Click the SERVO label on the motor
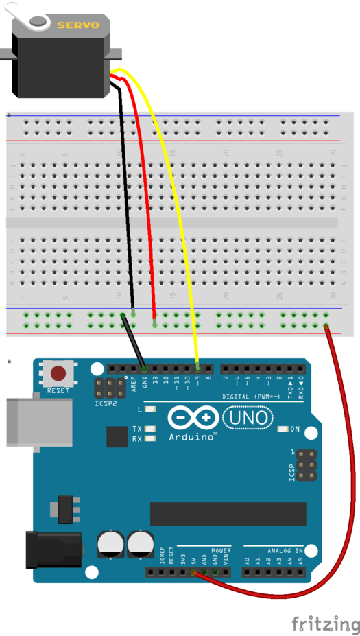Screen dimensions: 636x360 (77, 25)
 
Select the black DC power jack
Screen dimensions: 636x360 (51, 549)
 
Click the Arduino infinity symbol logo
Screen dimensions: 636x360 (191, 418)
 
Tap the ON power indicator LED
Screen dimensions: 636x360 (283, 429)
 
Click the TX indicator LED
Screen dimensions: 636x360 (150, 429)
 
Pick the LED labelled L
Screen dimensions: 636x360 (150, 410)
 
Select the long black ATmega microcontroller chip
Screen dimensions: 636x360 (228, 513)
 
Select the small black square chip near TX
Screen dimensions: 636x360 (117, 437)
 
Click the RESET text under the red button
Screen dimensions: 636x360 (58, 391)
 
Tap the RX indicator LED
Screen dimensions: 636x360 (150, 439)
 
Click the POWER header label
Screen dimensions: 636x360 (221, 550)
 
